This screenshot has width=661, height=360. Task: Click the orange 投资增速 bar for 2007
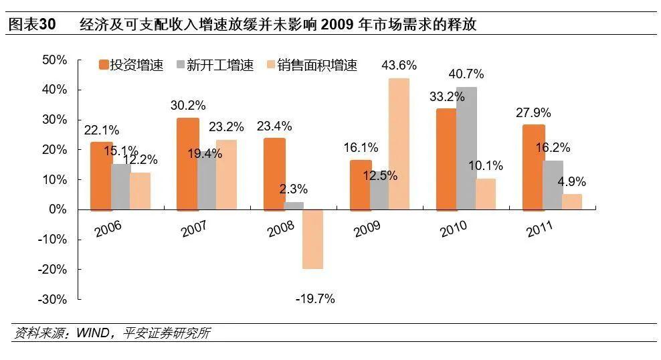pos(188,163)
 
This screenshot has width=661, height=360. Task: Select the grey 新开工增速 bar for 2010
pos(467,148)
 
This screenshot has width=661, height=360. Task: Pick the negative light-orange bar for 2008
pos(312,239)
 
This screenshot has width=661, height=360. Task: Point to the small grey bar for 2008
pos(293,205)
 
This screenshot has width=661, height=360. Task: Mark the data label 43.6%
pos(399,66)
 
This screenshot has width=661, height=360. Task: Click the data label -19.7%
pos(314,298)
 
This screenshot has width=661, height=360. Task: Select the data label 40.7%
pos(466,74)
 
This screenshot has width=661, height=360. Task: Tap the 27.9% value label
pos(534,111)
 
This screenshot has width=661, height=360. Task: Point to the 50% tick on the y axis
pos(54,60)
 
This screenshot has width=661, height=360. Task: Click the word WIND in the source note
pos(94,333)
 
